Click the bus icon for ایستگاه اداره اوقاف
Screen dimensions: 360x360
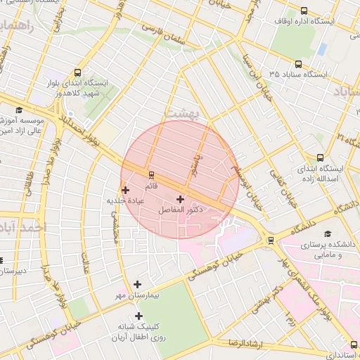[304, 11]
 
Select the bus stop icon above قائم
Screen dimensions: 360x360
[150, 174]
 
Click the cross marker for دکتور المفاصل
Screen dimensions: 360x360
[181, 200]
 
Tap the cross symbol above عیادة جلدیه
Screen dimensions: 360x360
[126, 190]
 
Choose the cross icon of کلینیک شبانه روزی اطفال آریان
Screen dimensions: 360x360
[139, 316]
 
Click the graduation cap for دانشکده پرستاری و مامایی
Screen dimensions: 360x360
[327, 234]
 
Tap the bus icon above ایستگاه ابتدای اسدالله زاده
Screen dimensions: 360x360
[321, 157]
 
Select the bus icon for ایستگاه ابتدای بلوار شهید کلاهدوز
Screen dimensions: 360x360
[77, 72]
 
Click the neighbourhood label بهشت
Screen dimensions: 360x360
[181, 112]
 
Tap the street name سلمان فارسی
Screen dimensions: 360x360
[167, 35]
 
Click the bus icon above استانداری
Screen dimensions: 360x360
[353, 345]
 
